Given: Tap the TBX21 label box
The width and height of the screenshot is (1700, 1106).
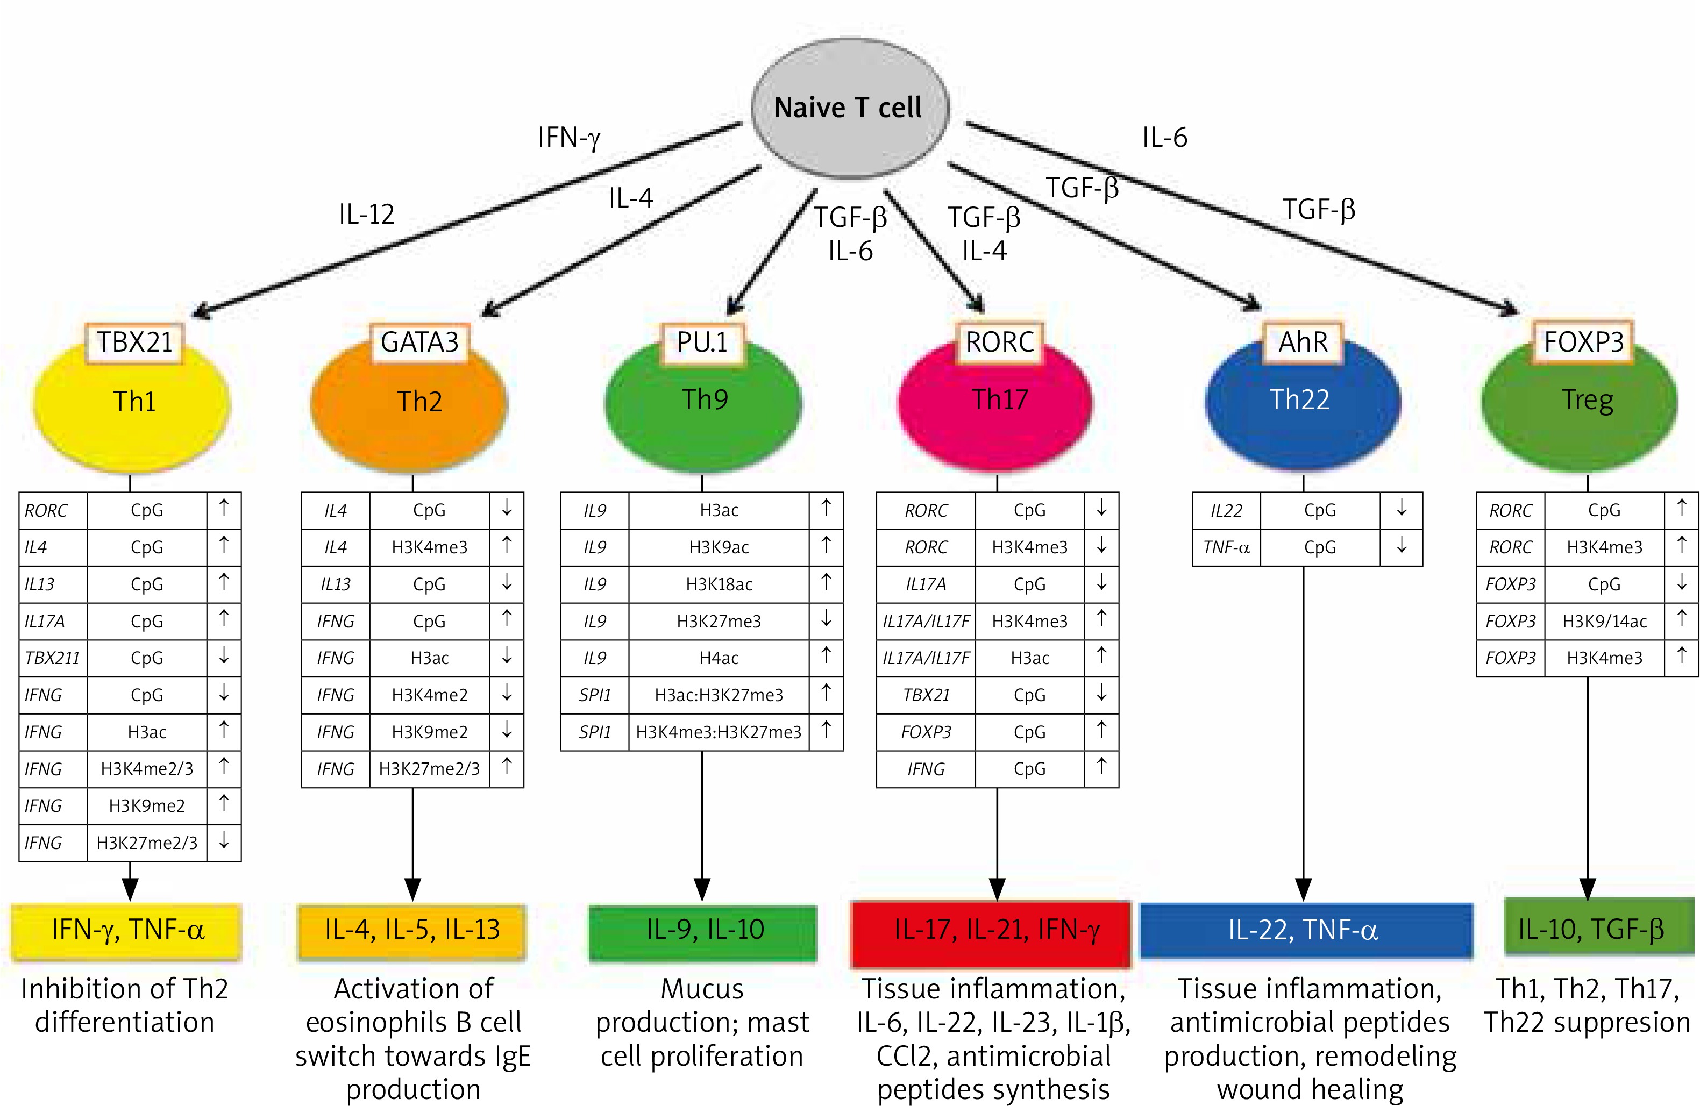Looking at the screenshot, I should [x=134, y=342].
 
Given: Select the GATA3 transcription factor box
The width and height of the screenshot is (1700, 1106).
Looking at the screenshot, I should [x=419, y=342].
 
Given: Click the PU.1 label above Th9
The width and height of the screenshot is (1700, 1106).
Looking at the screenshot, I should [x=702, y=342].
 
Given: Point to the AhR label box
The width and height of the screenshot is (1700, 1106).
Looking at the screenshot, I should [x=1303, y=342].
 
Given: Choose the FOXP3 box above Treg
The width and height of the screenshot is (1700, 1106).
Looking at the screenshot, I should [x=1584, y=342].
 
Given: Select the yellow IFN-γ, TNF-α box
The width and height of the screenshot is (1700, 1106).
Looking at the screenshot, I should [x=127, y=930].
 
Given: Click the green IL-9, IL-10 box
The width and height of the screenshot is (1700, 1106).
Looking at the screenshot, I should [x=703, y=930].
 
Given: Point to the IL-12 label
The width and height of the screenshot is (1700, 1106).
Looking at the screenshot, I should [x=366, y=213].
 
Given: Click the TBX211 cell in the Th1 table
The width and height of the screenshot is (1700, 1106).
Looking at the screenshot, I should [x=53, y=658].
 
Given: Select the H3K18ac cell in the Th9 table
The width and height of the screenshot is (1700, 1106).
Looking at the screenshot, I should [x=719, y=584].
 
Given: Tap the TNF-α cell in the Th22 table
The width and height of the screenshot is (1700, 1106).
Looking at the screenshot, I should [x=1226, y=547].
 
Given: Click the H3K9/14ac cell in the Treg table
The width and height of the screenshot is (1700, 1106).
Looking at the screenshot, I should [x=1604, y=621].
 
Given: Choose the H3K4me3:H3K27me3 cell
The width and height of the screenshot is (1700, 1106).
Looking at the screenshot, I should [x=719, y=732].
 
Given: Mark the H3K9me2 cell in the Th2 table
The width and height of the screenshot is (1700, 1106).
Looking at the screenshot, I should [x=429, y=732].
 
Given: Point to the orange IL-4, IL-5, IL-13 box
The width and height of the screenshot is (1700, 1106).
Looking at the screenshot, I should [x=412, y=930].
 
